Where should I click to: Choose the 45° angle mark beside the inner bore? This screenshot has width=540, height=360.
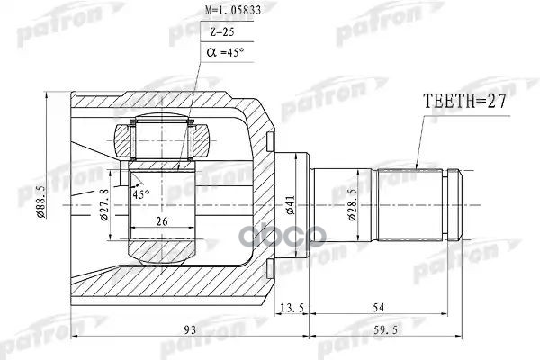coord(140,193)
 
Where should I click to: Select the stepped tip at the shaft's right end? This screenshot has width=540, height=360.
coord(455,206)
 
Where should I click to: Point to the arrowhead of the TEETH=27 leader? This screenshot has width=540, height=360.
coord(418,168)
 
